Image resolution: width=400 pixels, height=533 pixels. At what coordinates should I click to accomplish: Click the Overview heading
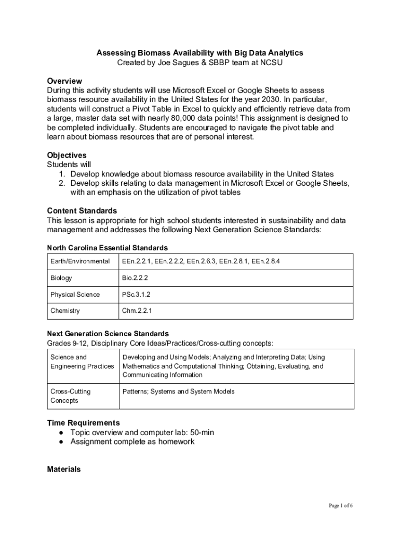pyautogui.click(x=64, y=81)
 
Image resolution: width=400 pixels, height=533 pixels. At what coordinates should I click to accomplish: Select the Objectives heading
pyautogui.click(x=66, y=155)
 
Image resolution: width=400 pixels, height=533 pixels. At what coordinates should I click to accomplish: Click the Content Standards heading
pyautogui.click(x=82, y=211)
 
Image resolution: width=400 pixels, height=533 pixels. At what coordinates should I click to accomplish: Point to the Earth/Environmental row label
pyautogui.click(x=80, y=261)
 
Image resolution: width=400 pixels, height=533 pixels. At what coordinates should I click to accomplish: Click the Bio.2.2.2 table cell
pyautogui.click(x=135, y=278)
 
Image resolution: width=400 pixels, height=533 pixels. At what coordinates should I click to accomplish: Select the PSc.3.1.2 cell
pyautogui.click(x=137, y=295)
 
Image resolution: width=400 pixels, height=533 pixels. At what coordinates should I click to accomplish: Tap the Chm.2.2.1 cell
pyautogui.click(x=137, y=311)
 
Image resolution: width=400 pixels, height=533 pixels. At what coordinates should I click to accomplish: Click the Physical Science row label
pyautogui.click(x=75, y=295)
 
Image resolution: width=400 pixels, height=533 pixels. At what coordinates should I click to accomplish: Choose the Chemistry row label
pyautogui.click(x=65, y=311)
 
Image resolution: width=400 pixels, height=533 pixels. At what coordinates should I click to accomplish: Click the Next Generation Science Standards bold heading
pyautogui.click(x=108, y=333)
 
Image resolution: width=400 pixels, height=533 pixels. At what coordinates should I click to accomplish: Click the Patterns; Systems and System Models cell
pyautogui.click(x=178, y=391)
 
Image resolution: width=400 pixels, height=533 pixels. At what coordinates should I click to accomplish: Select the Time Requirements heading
pyautogui.click(x=83, y=423)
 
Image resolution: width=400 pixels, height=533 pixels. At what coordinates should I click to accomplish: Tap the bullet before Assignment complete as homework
pyautogui.click(x=61, y=442)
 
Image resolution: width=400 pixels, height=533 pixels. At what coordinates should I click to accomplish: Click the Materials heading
pyautogui.click(x=64, y=469)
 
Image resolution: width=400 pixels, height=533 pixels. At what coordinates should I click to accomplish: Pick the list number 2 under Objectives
pyautogui.click(x=61, y=183)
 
